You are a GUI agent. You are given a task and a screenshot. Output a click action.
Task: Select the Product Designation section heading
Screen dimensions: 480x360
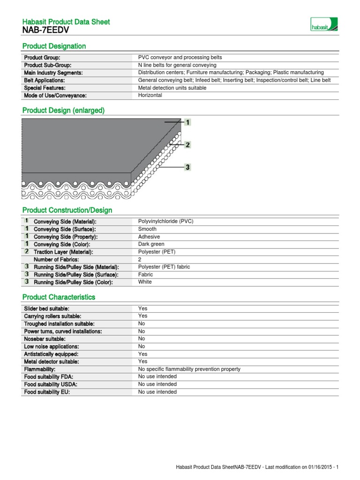tap(54, 46)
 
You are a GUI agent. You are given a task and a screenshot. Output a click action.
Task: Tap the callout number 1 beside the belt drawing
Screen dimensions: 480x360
tap(187, 122)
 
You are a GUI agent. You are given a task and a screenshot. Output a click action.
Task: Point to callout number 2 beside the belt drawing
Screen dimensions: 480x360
tap(187, 145)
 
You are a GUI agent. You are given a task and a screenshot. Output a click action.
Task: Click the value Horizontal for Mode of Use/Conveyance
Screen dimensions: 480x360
tap(150, 95)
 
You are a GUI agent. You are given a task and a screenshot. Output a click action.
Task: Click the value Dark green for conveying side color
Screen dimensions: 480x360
tap(151, 244)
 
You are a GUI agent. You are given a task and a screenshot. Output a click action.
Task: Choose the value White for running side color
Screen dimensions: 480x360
tap(145, 282)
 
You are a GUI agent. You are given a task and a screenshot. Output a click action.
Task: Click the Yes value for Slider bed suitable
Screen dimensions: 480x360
tap(142, 308)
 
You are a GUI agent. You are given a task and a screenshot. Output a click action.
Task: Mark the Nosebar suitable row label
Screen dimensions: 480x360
tap(45, 339)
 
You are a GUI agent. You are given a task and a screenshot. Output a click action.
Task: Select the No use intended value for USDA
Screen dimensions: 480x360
tap(157, 384)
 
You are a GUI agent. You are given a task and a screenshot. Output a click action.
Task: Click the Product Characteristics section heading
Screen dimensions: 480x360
tap(59, 297)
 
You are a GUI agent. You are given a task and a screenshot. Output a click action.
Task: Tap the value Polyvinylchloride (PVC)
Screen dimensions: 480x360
tap(165, 221)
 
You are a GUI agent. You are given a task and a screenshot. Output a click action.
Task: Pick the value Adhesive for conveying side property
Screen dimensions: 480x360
tap(149, 237)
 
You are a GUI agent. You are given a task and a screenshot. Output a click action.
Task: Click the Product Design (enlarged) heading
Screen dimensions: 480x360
tap(64, 110)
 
